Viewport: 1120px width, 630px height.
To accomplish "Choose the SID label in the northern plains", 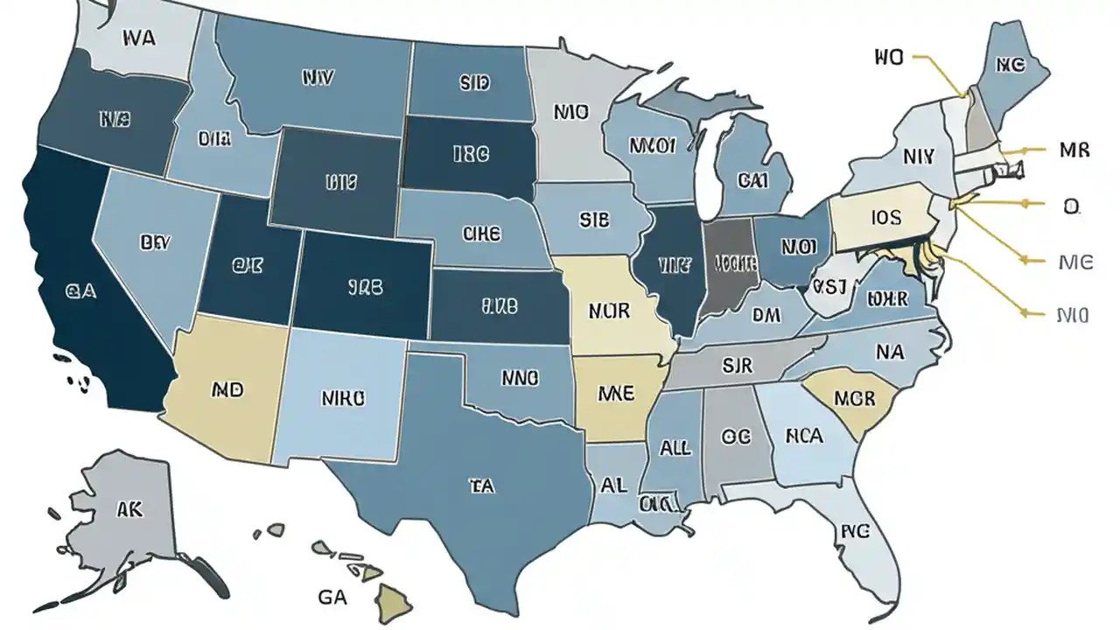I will click(474, 83).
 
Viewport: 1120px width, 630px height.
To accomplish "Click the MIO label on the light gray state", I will click(571, 112).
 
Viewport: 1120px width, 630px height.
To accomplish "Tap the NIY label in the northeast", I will click(918, 157).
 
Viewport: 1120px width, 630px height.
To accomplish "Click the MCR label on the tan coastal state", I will click(854, 398).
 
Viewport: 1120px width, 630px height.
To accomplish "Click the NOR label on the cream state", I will click(610, 311).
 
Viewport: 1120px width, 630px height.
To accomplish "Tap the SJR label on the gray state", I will click(738, 365).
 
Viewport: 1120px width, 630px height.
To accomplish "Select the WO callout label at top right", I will click(887, 58).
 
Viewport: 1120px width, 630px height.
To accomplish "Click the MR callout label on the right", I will click(1074, 150).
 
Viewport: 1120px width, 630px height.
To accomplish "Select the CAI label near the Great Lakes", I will click(752, 181).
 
